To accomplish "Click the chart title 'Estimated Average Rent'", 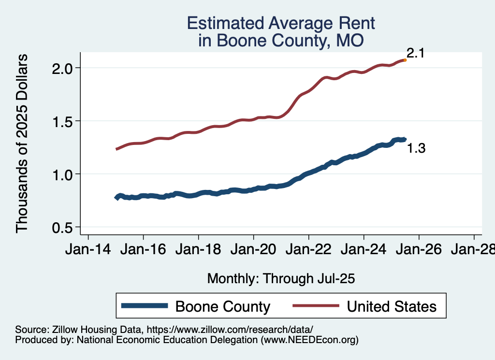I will pos(281,24).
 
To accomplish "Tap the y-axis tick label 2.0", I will pos(63,68).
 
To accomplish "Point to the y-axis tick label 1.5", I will pos(63,121).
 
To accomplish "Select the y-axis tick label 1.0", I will pos(63,174).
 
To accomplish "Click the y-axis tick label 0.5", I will pos(63,227).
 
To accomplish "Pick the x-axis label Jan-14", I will pos(88,250).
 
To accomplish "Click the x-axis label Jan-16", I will pos(143,250).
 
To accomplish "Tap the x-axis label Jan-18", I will pos(198,250).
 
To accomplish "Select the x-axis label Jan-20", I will pos(253,250).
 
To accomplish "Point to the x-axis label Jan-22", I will pos(308,250).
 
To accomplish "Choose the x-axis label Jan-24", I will pos(364,250).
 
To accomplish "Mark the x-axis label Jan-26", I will pos(419,250).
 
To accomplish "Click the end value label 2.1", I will pos(415,53).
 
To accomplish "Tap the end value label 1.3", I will pos(416,149).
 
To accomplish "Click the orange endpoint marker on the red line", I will pos(405,60).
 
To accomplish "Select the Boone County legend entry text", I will pos(222,306).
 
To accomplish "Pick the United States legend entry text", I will pos(392,306).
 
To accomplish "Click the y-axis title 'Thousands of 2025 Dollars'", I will pos(23,144).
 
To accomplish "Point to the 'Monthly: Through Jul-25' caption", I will pos(281,278).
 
